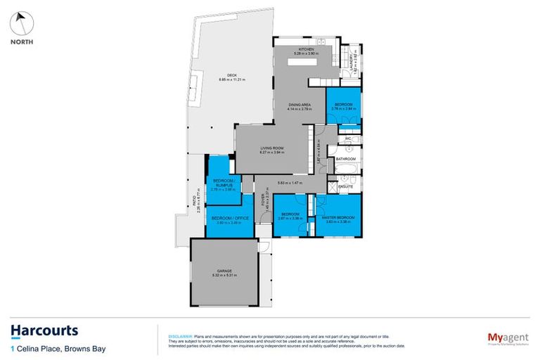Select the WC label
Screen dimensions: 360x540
347,139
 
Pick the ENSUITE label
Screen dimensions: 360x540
345,187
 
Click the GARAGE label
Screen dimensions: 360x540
225,271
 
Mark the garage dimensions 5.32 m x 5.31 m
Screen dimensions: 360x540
225,276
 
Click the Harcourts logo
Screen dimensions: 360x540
44,331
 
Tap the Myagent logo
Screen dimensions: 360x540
503,338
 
